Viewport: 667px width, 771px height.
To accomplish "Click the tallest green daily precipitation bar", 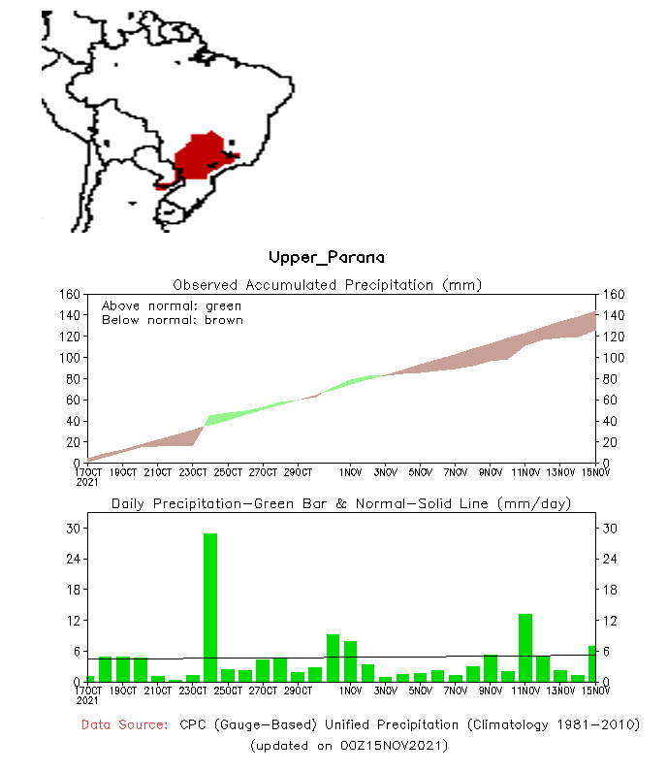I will pyautogui.click(x=209, y=607).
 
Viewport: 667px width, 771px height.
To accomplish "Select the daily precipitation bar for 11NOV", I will pyautogui.click(x=525, y=647).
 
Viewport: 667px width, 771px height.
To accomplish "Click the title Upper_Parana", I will pyautogui.click(x=326, y=258).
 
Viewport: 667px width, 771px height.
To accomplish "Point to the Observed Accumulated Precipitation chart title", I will pyautogui.click(x=327, y=285).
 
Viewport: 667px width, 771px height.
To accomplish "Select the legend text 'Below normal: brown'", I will pyautogui.click(x=172, y=320).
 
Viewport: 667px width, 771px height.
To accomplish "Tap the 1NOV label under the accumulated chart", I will pyautogui.click(x=350, y=472).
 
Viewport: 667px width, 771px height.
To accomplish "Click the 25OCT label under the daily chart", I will pyautogui.click(x=228, y=691).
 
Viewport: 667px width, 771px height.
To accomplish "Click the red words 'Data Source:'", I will pyautogui.click(x=124, y=725).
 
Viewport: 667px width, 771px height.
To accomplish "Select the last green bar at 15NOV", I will pyautogui.click(x=591, y=663).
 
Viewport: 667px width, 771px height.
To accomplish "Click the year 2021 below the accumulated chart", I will pyautogui.click(x=87, y=481).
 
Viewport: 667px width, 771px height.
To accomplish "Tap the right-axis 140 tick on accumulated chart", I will pyautogui.click(x=612, y=316).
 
